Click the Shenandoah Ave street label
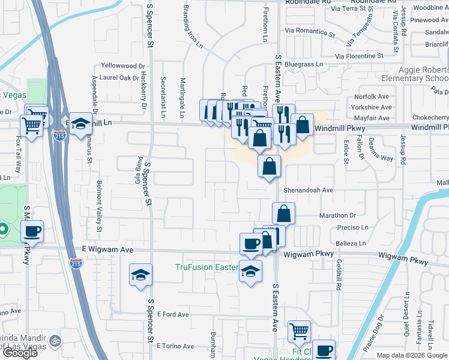pyautogui.click(x=309, y=190)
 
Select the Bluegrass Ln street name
pyautogui.click(x=304, y=64)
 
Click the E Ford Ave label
pyautogui.click(x=173, y=314)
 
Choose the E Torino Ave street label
pyautogui.click(x=175, y=346)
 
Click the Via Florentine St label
pyautogui.click(x=359, y=56)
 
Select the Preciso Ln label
pyautogui.click(x=352, y=228)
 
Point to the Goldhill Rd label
pyautogui.click(x=339, y=272)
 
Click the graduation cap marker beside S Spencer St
pyautogui.click(x=140, y=275)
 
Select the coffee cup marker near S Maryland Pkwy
pyautogui.click(x=32, y=231)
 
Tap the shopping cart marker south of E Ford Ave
pyautogui.click(x=298, y=331)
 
